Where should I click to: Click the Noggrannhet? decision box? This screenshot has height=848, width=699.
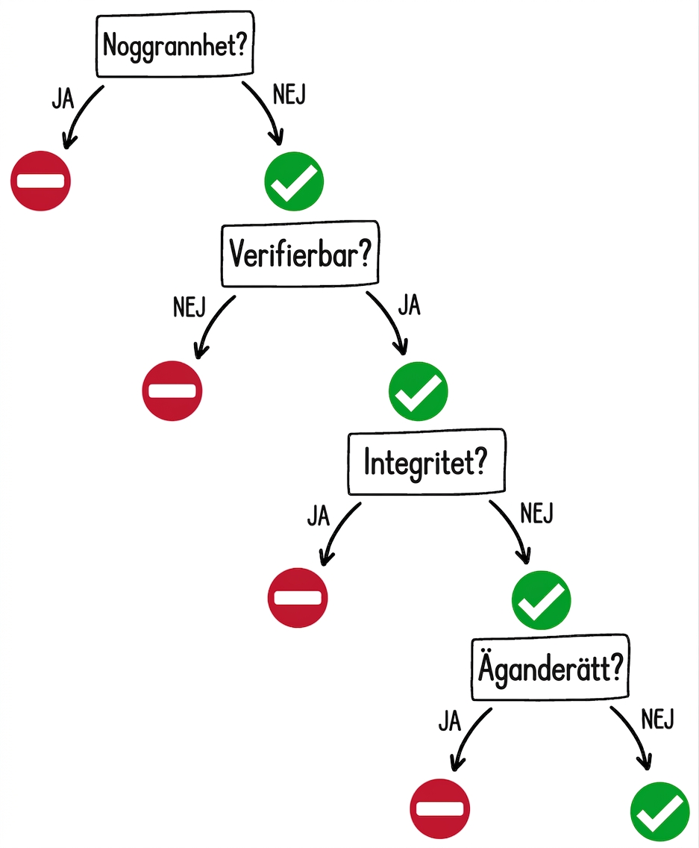(175, 44)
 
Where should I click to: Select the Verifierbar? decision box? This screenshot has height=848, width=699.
(300, 253)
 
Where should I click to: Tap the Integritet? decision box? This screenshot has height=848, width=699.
(427, 462)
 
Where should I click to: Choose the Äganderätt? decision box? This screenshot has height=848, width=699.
(551, 668)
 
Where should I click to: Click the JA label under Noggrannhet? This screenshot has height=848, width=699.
(63, 99)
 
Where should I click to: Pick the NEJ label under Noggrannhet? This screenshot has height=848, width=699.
(289, 95)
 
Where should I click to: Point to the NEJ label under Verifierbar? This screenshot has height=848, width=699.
(189, 308)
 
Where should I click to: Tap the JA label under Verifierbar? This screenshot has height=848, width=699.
(410, 305)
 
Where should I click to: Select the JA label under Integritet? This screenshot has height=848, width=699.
(319, 515)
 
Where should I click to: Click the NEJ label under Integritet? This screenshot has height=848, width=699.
(537, 513)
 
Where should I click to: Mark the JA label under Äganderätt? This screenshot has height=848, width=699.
(450, 721)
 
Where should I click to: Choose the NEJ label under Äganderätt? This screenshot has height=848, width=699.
(658, 720)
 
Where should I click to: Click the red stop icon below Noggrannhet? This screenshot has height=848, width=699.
(40, 181)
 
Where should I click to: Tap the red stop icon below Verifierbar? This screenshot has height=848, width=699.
(172, 390)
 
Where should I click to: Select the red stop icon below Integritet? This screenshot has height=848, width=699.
(298, 598)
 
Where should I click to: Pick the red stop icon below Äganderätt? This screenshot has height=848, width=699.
(440, 808)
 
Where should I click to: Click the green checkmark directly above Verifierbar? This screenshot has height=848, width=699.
(294, 181)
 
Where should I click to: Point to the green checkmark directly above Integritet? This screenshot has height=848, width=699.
(419, 391)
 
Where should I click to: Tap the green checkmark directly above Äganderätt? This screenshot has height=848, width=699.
(541, 599)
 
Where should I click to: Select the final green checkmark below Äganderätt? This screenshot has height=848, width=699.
(660, 811)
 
